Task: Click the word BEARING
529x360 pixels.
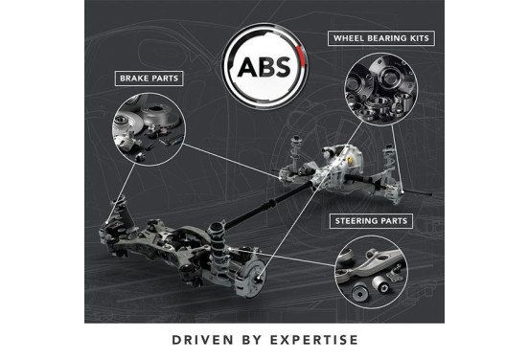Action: [390, 39]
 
